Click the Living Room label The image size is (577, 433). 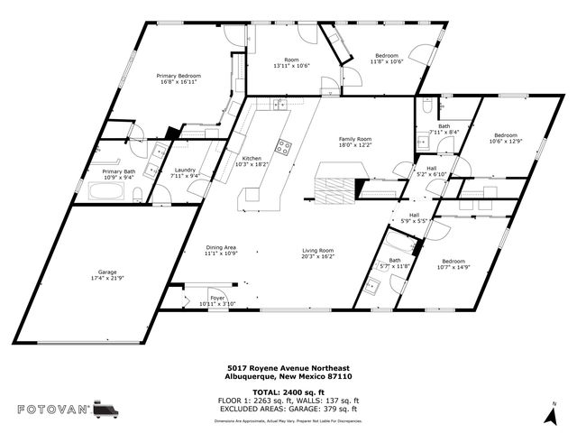pos(317,250)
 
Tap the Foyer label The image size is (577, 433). pos(217,297)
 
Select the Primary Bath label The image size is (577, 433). pos(118,171)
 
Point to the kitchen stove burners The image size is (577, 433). pos(284,146)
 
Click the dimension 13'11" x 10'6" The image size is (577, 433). pos(291,66)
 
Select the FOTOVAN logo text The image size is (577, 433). pos(53,410)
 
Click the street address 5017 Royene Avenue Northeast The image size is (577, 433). pos(288,368)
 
